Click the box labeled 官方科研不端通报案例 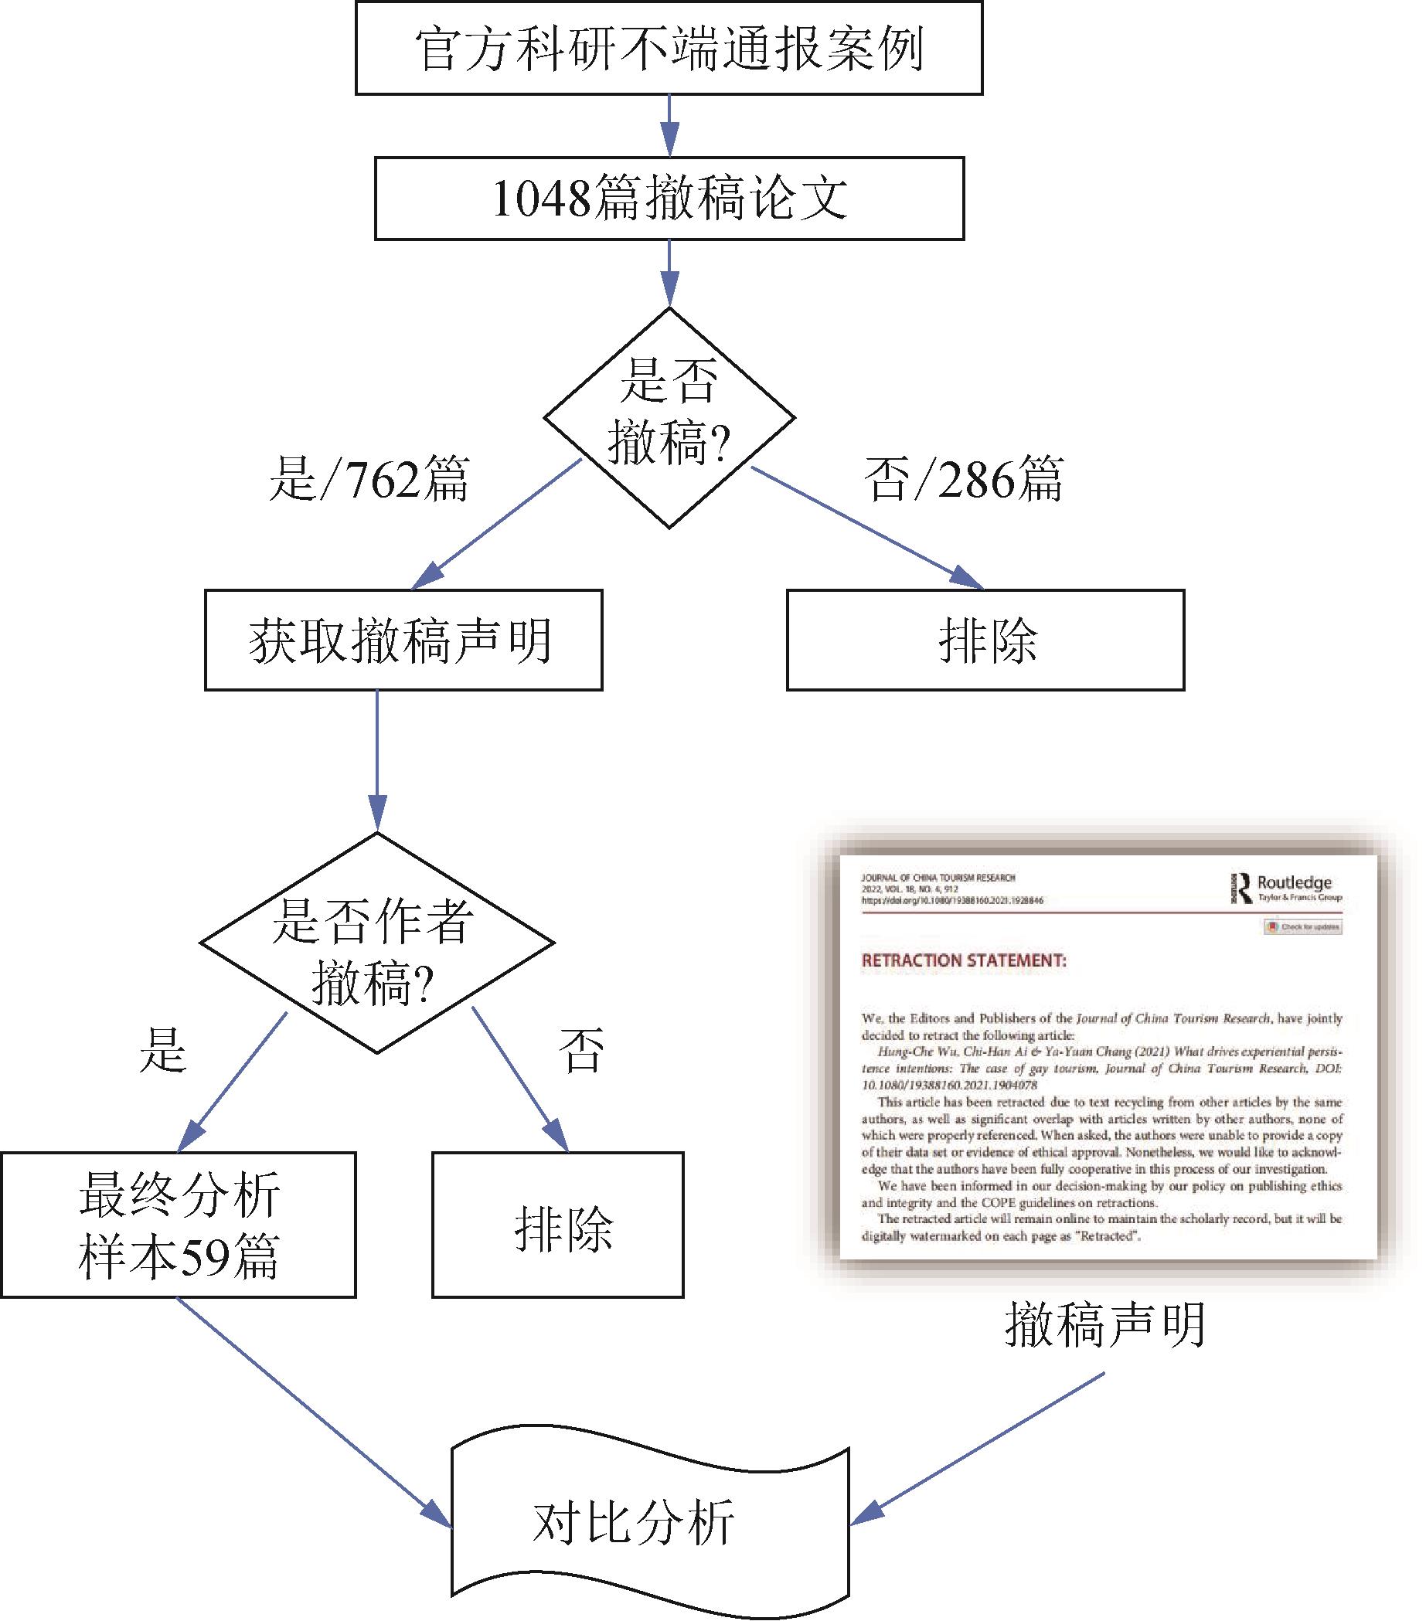click(x=669, y=49)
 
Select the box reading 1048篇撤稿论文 click(x=669, y=199)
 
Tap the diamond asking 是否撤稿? click(x=669, y=417)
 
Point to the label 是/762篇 click(x=369, y=479)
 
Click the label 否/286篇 click(x=963, y=479)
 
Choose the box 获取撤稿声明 click(x=403, y=640)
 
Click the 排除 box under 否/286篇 click(x=985, y=640)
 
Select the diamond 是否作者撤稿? click(x=376, y=943)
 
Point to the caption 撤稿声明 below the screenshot click(x=1104, y=1324)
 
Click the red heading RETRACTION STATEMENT click(x=964, y=960)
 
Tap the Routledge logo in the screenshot click(x=1285, y=888)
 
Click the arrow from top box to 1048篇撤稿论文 click(x=669, y=125)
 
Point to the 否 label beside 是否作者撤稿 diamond click(x=581, y=1051)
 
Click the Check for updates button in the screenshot click(x=1303, y=926)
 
